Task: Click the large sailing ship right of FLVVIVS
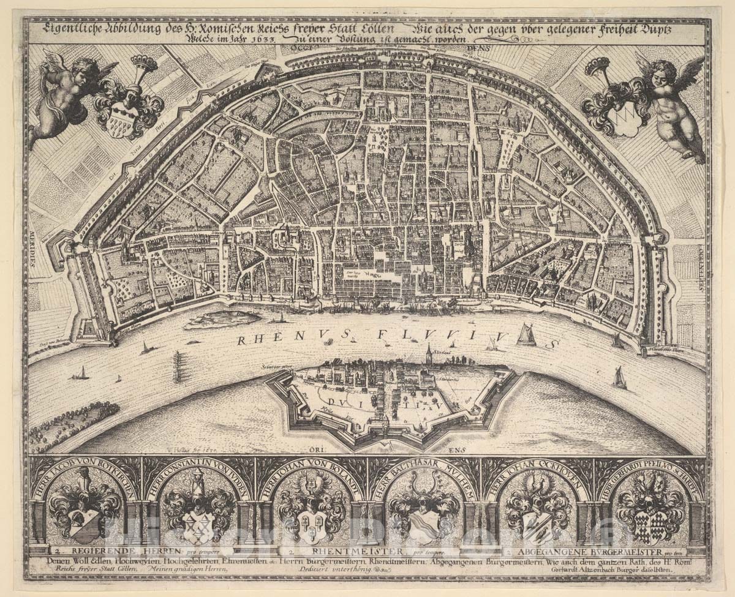pos(526,335)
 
